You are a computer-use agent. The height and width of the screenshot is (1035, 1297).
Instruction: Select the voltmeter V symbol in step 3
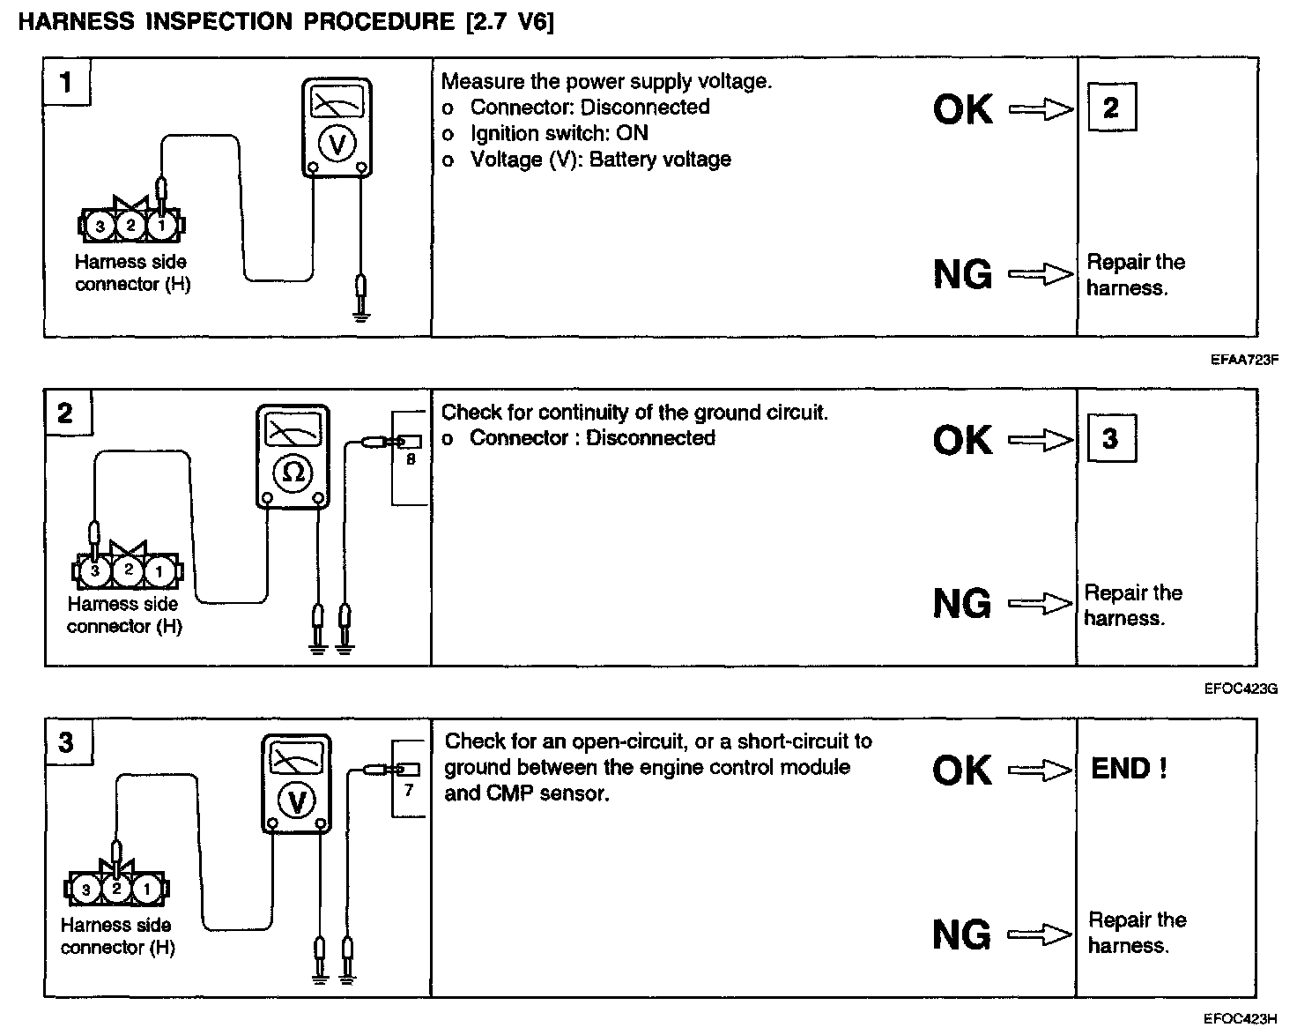pyautogui.click(x=297, y=801)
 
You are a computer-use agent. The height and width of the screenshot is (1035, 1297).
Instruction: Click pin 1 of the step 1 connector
pyautogui.click(x=161, y=226)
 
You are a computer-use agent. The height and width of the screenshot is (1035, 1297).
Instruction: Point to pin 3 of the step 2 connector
pyautogui.click(x=96, y=571)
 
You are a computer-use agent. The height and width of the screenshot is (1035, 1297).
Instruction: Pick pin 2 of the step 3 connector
pyautogui.click(x=116, y=889)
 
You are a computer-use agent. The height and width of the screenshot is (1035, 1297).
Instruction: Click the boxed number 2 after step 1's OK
pyautogui.click(x=1110, y=108)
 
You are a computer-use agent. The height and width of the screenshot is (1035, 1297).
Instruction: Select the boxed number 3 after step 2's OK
pyautogui.click(x=1110, y=438)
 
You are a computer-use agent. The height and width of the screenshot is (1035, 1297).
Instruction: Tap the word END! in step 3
pyautogui.click(x=1129, y=769)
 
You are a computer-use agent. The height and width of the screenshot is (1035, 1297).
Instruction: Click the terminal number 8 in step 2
pyautogui.click(x=411, y=459)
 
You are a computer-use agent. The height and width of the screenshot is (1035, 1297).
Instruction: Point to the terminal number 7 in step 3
pyautogui.click(x=409, y=791)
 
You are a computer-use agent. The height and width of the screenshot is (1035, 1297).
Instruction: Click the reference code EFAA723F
pyautogui.click(x=1243, y=360)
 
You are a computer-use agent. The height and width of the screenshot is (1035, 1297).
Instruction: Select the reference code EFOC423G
pyautogui.click(x=1241, y=689)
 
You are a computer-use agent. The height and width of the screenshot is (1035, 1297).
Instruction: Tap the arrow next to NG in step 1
pyautogui.click(x=1041, y=275)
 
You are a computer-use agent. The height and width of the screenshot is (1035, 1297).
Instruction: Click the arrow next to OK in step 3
pyautogui.click(x=1041, y=771)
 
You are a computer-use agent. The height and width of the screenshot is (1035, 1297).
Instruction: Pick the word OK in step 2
pyautogui.click(x=962, y=440)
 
